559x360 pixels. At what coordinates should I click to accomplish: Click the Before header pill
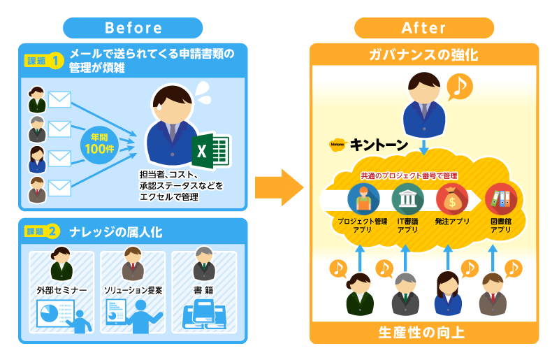pyautogui.click(x=133, y=28)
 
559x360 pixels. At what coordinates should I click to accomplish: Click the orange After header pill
pyautogui.click(x=423, y=28)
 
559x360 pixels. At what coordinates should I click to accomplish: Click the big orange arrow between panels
pyautogui.click(x=278, y=187)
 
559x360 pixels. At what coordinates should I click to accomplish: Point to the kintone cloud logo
pyautogui.click(x=338, y=145)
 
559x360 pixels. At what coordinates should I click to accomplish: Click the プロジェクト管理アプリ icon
pyautogui.click(x=363, y=199)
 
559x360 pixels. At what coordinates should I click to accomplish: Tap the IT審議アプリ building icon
pyautogui.click(x=407, y=199)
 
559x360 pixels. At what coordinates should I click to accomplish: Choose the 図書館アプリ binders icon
pyautogui.click(x=500, y=199)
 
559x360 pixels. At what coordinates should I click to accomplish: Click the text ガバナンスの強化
pyautogui.click(x=423, y=55)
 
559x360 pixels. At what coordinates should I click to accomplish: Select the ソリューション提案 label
pyautogui.click(x=133, y=289)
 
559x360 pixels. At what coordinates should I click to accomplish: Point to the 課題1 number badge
pyautogui.click(x=56, y=61)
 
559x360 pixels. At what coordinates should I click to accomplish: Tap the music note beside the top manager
pyautogui.click(x=460, y=86)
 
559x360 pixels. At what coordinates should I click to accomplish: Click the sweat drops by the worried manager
pyautogui.click(x=202, y=89)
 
